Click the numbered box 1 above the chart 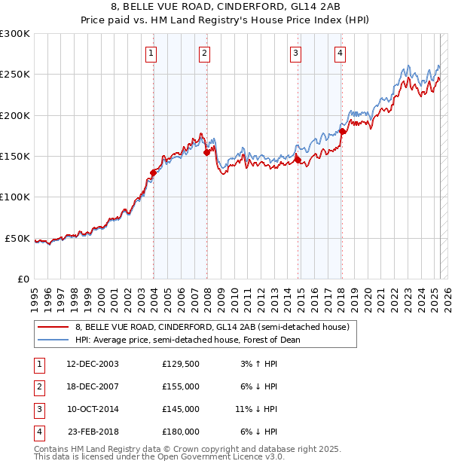(x=151, y=53)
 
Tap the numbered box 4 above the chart (x=341, y=53)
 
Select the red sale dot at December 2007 (x=206, y=152)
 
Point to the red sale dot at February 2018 (x=342, y=132)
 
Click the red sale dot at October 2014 (x=298, y=160)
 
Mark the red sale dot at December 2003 (x=153, y=172)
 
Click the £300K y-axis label (x=15, y=34)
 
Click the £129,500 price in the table (x=180, y=363)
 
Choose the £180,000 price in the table (x=180, y=432)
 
